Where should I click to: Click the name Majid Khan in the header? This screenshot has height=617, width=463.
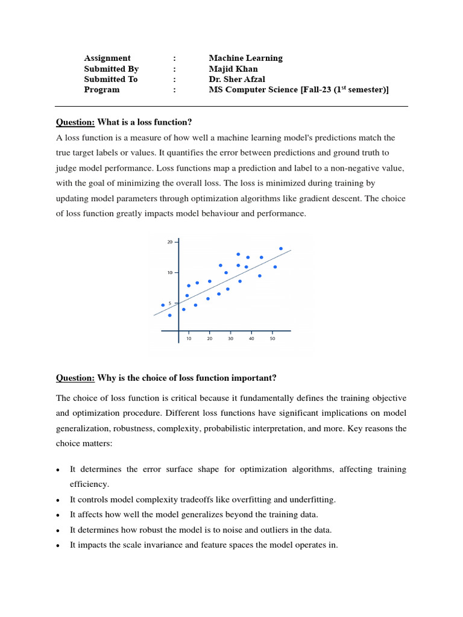pos(233,69)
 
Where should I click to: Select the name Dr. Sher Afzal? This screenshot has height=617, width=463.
pos(236,79)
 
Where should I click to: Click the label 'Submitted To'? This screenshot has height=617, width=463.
pos(111,79)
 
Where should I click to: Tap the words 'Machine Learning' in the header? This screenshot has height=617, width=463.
pos(245,58)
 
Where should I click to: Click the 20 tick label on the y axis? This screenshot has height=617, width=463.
pos(169,242)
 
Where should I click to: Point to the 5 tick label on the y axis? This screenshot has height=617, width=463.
pos(171,303)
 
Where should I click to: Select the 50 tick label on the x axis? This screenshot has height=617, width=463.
pos(272,339)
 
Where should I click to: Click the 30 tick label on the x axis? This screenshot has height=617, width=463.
pos(230,339)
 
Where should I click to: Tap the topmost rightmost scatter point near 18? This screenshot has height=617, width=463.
pos(281,248)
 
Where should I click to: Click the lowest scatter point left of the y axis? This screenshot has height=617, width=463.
pos(169,315)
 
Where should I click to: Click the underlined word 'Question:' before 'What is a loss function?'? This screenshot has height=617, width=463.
pos(75,122)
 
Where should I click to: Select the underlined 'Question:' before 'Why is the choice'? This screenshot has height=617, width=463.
pos(75,378)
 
